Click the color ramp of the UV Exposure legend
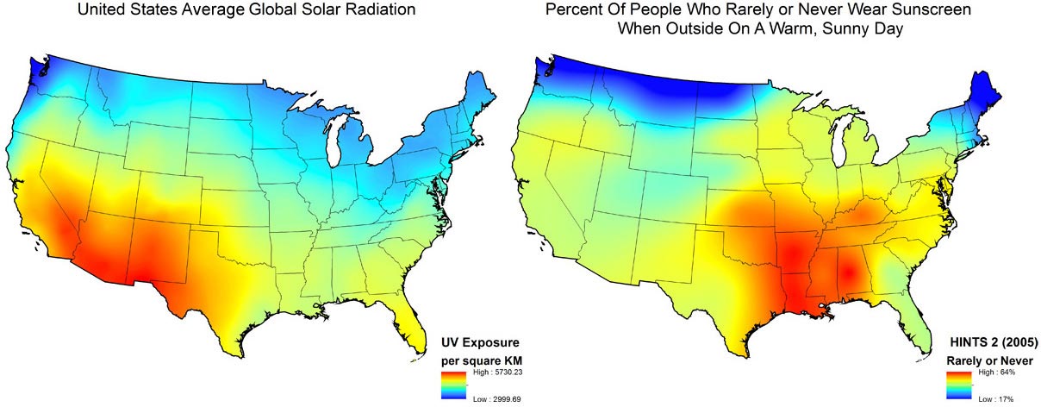453,385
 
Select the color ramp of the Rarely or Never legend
959,385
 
